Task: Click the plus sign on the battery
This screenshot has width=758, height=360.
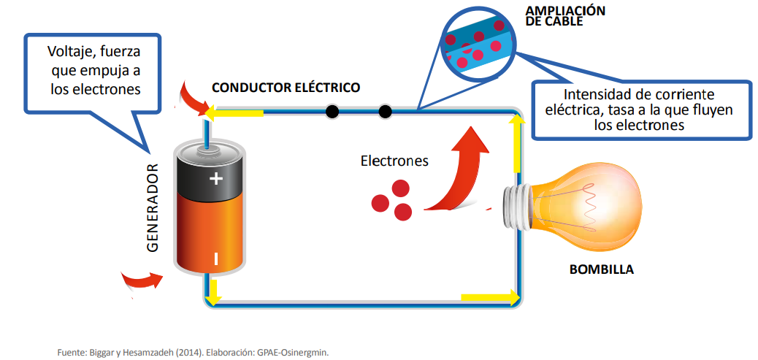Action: (x=216, y=179)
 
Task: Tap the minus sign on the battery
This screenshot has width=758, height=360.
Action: (x=216, y=258)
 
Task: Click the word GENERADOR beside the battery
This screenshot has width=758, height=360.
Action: (x=153, y=209)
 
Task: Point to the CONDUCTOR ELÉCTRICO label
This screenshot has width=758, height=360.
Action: (x=286, y=88)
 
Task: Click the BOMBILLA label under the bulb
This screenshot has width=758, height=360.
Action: (x=601, y=269)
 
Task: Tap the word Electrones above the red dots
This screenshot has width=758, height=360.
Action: (x=394, y=161)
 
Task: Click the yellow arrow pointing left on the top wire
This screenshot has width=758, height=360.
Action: (x=233, y=112)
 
